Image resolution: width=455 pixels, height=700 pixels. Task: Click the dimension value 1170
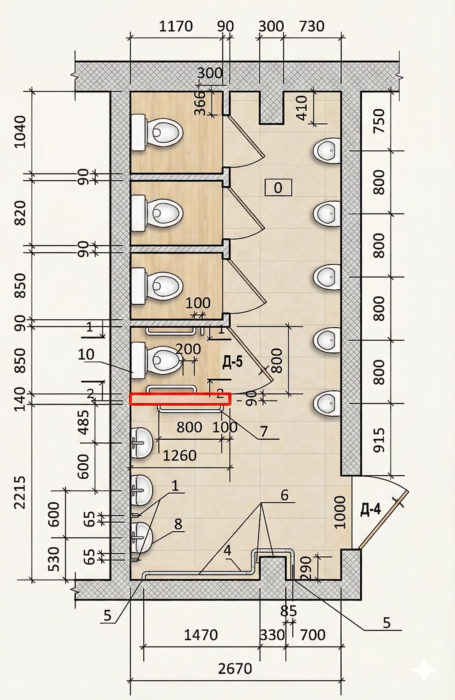pyautogui.click(x=176, y=26)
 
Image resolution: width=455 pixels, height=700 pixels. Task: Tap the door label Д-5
pyautogui.click(x=232, y=363)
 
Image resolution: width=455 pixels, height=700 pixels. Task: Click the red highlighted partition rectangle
pyautogui.click(x=180, y=399)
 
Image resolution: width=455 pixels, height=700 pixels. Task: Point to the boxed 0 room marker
pyautogui.click(x=278, y=187)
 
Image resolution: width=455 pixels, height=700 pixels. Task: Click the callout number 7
pyautogui.click(x=264, y=432)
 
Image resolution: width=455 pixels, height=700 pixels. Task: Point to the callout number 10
pyautogui.click(x=86, y=354)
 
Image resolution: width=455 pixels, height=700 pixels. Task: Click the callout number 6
pyautogui.click(x=284, y=495)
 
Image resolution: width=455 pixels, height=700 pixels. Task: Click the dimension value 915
pyautogui.click(x=379, y=440)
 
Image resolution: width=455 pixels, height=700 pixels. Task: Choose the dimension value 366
pyautogui.click(x=200, y=103)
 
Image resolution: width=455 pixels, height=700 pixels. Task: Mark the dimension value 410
pyautogui.click(x=302, y=108)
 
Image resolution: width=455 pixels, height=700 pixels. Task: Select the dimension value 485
pyautogui.click(x=83, y=422)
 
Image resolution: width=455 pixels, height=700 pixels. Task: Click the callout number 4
pyautogui.click(x=227, y=550)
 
